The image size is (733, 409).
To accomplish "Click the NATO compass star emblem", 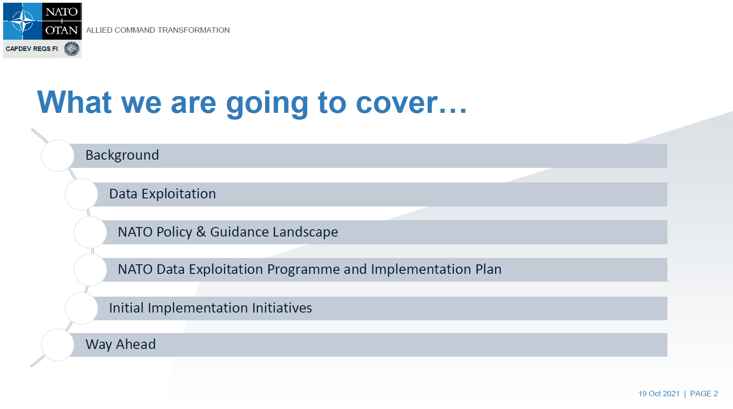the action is click(x=23, y=21).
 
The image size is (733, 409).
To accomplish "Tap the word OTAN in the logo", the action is click(x=62, y=30).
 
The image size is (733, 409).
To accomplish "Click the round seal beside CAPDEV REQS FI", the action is click(x=72, y=49).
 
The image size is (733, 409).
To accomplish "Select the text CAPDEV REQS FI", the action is click(x=32, y=49).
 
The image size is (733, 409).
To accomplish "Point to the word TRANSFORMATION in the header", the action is click(x=194, y=30).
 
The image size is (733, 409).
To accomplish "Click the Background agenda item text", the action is click(x=122, y=155).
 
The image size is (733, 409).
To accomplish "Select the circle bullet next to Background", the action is click(x=57, y=156).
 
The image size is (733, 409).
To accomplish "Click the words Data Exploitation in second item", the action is click(x=162, y=194).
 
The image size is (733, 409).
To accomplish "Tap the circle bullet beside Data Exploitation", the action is click(x=82, y=194).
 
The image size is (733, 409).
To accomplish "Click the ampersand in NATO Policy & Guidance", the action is click(x=201, y=232).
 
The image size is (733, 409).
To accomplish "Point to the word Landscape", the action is click(x=305, y=232).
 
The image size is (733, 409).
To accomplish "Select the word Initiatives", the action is click(x=282, y=308).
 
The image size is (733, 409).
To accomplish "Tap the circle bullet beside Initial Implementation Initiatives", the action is click(x=82, y=308).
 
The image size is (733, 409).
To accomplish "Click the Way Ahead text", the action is click(x=120, y=344).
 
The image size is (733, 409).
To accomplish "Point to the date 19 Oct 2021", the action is click(x=659, y=394).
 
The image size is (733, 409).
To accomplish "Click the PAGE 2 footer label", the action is click(x=704, y=394).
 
